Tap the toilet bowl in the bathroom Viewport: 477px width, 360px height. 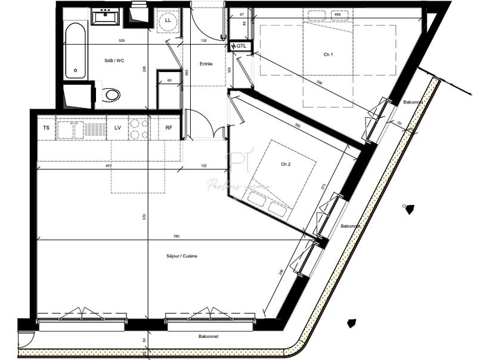point(111,94)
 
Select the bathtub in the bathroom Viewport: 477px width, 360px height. point(75,51)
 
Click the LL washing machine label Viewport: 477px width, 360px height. point(168,21)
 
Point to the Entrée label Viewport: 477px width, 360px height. point(206,64)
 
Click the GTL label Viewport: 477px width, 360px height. point(241,46)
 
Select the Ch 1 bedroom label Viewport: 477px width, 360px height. point(328,54)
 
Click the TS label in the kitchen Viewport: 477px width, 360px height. point(47,128)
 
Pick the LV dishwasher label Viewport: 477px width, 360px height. point(117,128)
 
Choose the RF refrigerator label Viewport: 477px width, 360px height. point(169,128)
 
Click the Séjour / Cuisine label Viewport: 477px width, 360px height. point(182,256)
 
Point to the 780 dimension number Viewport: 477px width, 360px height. point(175,237)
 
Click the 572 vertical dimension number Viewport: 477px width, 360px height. point(144,217)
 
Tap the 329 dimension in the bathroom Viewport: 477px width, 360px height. point(122,41)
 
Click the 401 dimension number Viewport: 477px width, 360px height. point(108,166)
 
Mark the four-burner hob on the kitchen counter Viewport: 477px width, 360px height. point(140,128)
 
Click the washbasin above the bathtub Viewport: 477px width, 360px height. point(105,17)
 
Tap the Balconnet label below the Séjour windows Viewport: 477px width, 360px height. point(209,336)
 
